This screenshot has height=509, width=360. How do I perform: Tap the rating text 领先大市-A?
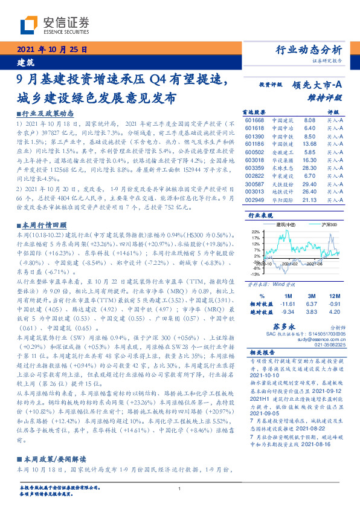tap(318, 86)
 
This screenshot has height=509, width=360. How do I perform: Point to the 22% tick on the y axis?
tap(254, 232)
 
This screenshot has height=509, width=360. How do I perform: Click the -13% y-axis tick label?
tap(254, 274)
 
